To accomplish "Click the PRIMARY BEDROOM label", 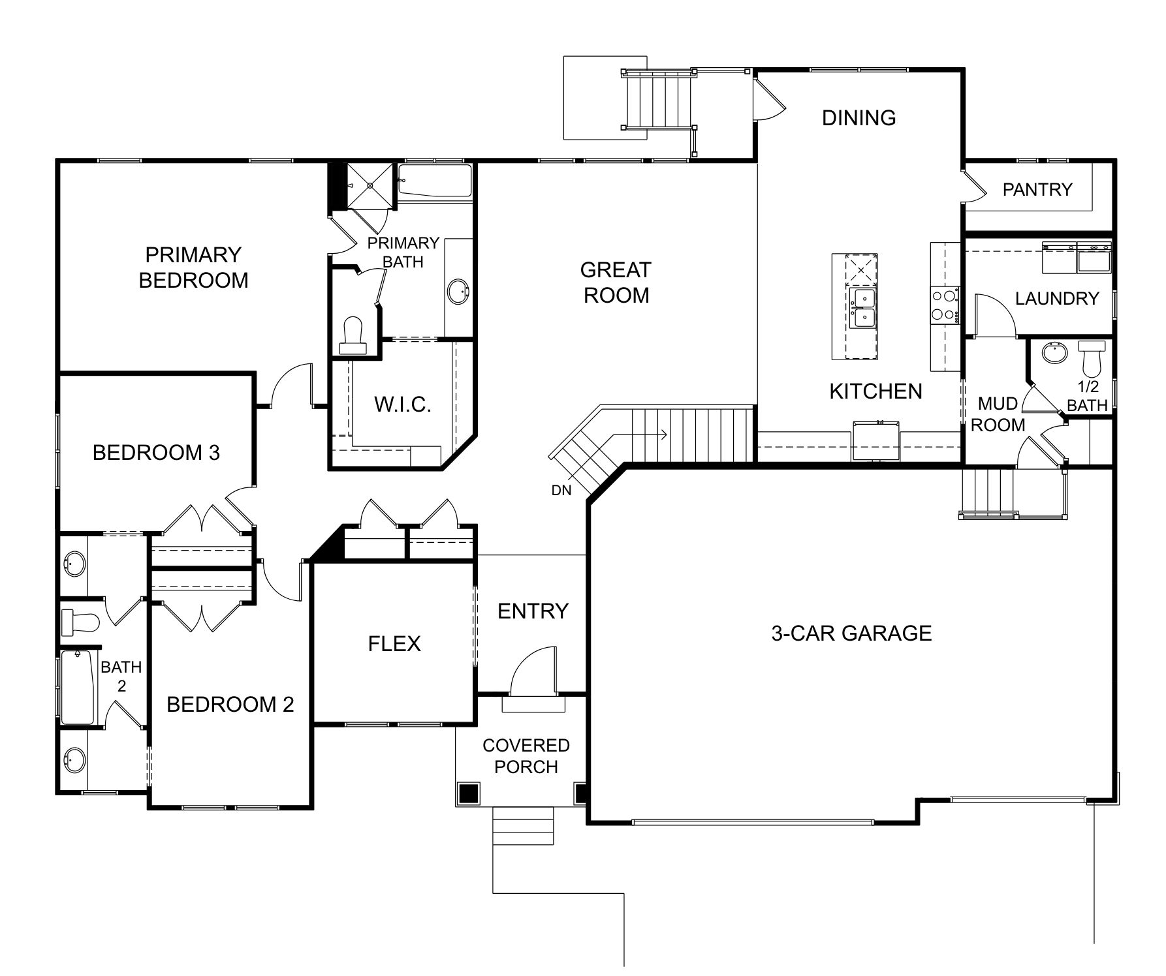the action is coord(193,267).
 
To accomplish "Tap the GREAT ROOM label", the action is coord(616,282).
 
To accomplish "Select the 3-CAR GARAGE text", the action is coord(851,633).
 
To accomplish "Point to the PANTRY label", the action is coord(1037,189).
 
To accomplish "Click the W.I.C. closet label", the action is coord(403,404).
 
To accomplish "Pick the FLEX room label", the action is coord(394,644).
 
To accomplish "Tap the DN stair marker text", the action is coord(561,491).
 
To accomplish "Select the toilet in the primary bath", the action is coord(353,335).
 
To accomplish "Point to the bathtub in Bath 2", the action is coord(78,686).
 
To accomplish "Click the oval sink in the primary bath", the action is coord(458,291).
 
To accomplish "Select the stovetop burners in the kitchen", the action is coord(945,305).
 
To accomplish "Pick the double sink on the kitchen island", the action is coord(863,308).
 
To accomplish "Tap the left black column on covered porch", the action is coord(469,793).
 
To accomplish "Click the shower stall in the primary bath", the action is coord(370,185).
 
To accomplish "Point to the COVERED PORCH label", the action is coord(526,755).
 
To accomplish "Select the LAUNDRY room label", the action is coord(1057,298).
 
